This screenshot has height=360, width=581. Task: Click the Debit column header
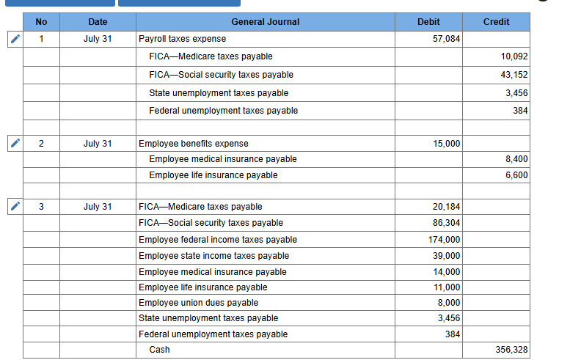coord(428,22)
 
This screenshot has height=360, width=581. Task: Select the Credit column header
coord(496,22)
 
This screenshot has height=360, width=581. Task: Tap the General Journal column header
coord(266,22)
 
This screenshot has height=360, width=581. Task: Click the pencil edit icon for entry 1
coord(15,39)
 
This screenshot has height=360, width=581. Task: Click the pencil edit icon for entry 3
coord(15,206)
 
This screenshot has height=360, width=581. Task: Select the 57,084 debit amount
coord(446,39)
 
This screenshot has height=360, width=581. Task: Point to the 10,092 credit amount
coord(514,56)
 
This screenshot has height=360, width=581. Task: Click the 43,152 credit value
coord(514,75)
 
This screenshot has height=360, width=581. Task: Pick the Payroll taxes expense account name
coord(183,39)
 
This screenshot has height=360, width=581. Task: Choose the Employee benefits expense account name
coord(194,144)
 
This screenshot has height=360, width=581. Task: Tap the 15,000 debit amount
coord(447,144)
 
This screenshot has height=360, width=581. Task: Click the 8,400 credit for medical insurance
coord(516,159)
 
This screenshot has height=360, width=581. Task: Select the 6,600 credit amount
coord(516,175)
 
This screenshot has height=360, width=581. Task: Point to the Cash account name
coord(159,350)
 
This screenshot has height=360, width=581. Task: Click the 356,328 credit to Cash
coord(511,350)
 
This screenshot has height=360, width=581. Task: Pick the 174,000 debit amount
coord(444,240)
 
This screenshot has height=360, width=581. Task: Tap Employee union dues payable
coord(198,303)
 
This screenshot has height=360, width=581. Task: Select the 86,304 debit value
coord(446,223)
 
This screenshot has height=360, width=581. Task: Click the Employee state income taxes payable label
coord(213,256)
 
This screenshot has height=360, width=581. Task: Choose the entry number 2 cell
coord(41,144)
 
